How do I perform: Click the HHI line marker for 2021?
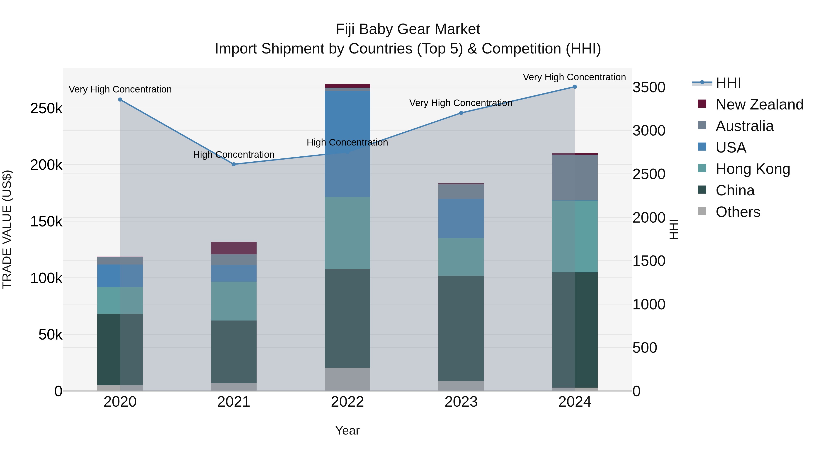[234, 164]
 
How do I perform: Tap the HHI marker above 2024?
[575, 87]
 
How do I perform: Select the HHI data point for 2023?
[461, 113]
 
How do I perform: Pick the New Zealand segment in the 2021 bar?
[234, 248]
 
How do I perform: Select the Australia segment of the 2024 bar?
[575, 178]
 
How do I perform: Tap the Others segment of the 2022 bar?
[347, 379]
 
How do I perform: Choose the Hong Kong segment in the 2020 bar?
[120, 300]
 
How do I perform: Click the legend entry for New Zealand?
[759, 104]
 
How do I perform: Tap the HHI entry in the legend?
[728, 83]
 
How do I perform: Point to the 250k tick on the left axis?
[46, 109]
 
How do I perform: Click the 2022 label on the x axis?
[347, 402]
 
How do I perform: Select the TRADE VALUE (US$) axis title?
[7, 229]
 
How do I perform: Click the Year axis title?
[347, 430]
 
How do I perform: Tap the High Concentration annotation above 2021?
[234, 155]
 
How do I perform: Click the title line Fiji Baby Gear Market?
[408, 29]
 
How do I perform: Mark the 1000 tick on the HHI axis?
[649, 304]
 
